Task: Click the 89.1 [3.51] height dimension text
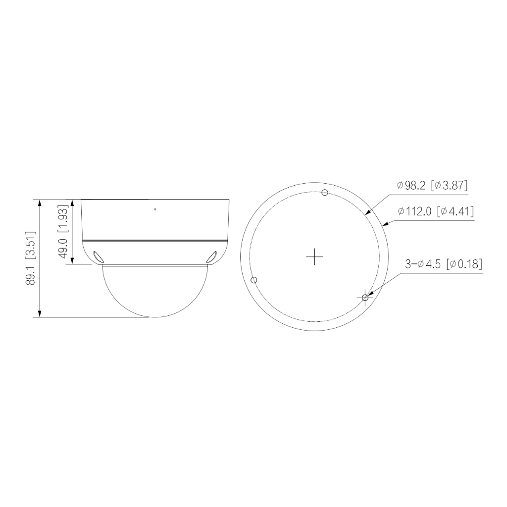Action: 30,257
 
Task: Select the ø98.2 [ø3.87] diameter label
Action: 432,185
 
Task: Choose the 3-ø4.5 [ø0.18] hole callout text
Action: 444,264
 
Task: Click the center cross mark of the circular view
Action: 314,256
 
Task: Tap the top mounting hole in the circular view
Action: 325,193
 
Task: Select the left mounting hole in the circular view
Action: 254,280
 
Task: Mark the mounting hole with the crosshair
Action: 365,298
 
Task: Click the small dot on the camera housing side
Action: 155,209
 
